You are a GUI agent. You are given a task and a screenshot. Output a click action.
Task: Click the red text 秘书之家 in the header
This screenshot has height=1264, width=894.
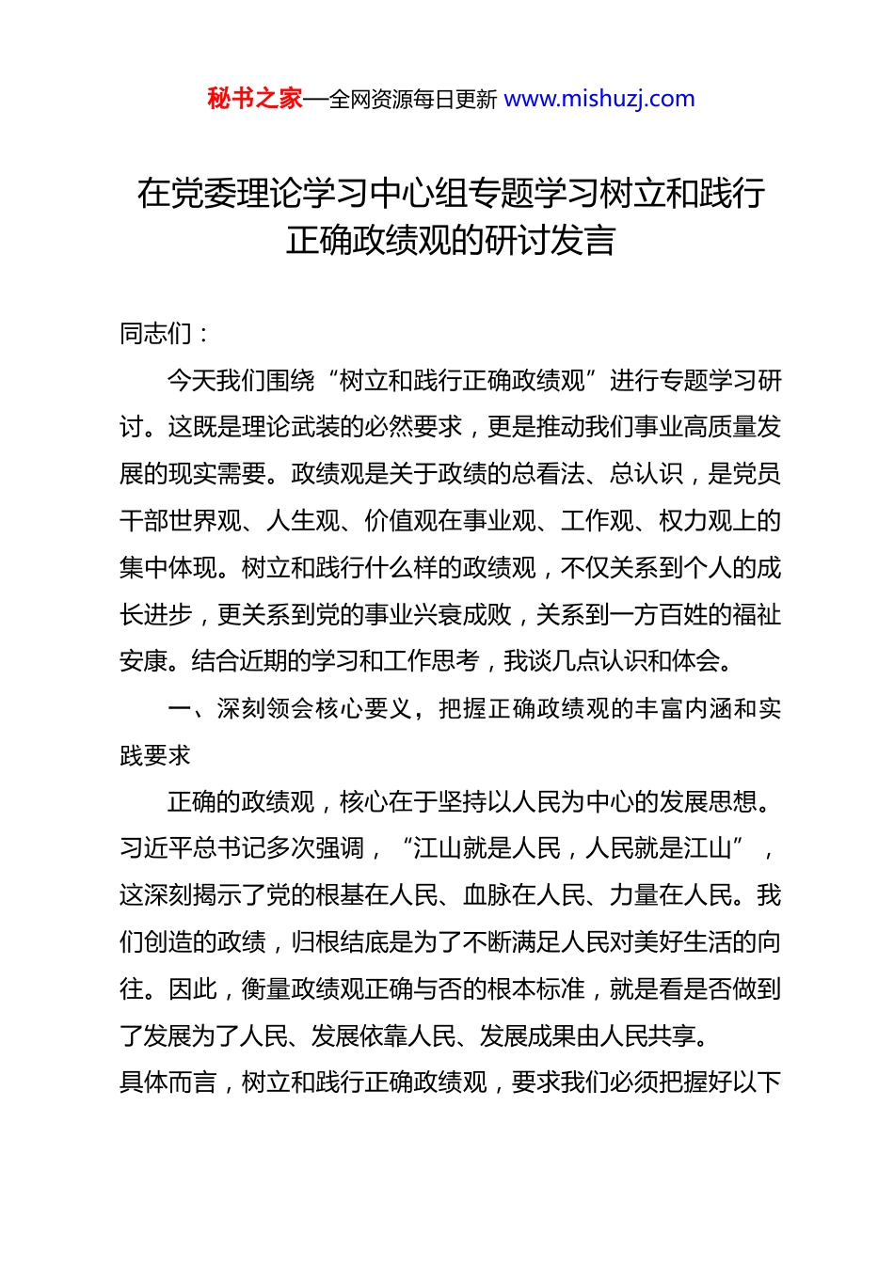point(255,99)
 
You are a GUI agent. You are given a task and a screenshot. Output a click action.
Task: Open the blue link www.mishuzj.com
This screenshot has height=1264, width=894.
point(599,99)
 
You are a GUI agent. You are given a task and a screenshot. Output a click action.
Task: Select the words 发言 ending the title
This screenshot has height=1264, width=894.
point(583,240)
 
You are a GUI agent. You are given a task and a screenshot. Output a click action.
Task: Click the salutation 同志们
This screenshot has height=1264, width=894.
point(156,333)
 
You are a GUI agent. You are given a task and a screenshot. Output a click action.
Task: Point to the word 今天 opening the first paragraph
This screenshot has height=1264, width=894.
point(192,380)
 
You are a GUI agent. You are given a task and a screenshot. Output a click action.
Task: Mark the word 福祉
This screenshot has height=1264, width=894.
point(757,614)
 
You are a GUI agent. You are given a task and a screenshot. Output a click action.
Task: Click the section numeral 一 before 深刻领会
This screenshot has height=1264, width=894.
point(180,708)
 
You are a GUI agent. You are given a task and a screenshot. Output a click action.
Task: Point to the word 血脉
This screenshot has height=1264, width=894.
point(487,895)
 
